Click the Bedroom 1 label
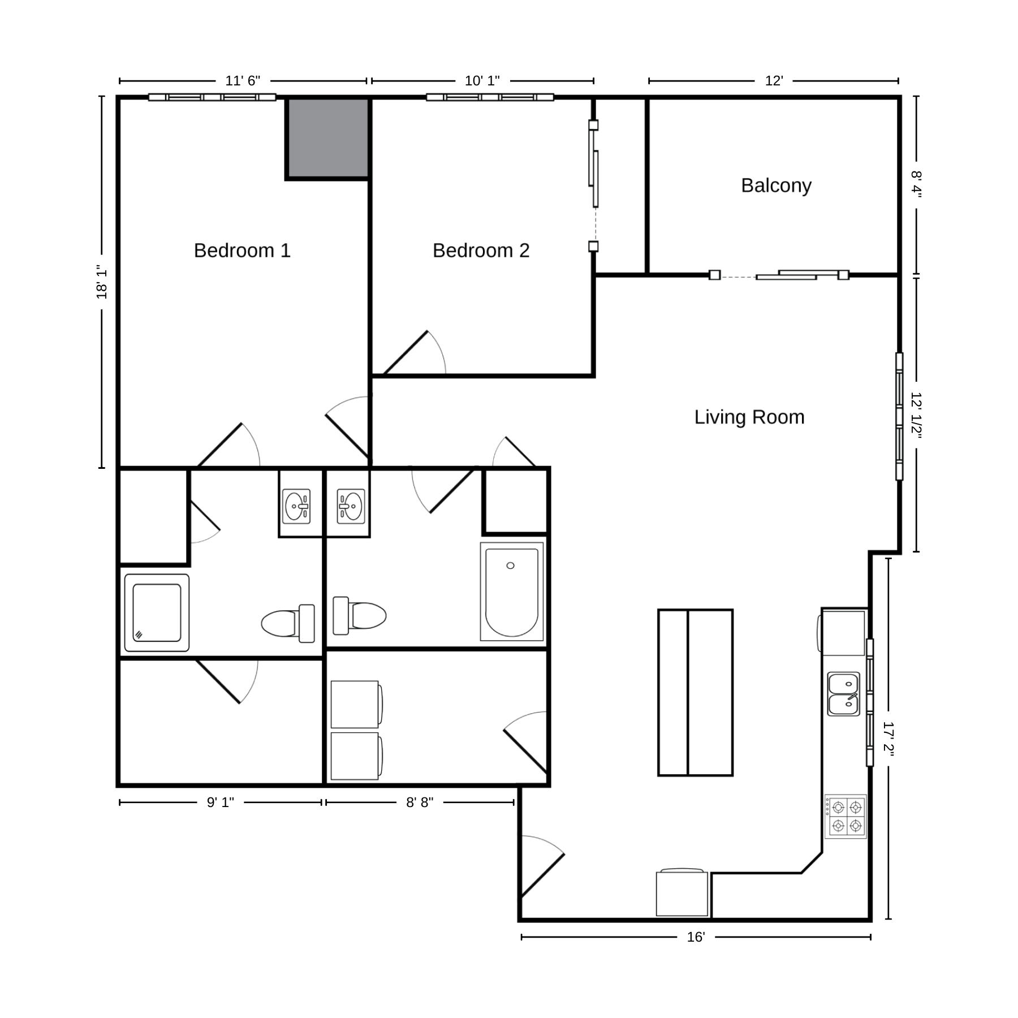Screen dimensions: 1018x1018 coord(242,250)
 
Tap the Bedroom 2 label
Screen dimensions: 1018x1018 coord(481,250)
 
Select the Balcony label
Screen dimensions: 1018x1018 coord(776,186)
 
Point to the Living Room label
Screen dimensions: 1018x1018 coord(749,417)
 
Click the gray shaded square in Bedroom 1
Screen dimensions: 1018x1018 coord(328,139)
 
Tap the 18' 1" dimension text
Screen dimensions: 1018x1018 coord(102,282)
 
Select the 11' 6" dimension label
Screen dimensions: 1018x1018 coord(243,81)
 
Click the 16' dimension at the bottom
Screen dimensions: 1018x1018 coord(696,937)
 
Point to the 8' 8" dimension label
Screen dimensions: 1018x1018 coord(420,803)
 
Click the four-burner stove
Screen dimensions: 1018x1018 coord(846,817)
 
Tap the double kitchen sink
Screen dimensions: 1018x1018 coord(844,694)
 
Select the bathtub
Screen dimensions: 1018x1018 coord(512,592)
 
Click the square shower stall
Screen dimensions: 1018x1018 coord(157,612)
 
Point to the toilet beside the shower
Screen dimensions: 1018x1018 coord(288,623)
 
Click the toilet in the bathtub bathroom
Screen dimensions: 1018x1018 coord(360,615)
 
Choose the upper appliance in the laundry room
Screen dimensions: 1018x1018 coord(356,704)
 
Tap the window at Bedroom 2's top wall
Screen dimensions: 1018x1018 coord(490,97)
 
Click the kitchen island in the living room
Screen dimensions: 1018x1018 coord(696,692)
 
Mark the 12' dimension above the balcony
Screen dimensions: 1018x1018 coord(774,81)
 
